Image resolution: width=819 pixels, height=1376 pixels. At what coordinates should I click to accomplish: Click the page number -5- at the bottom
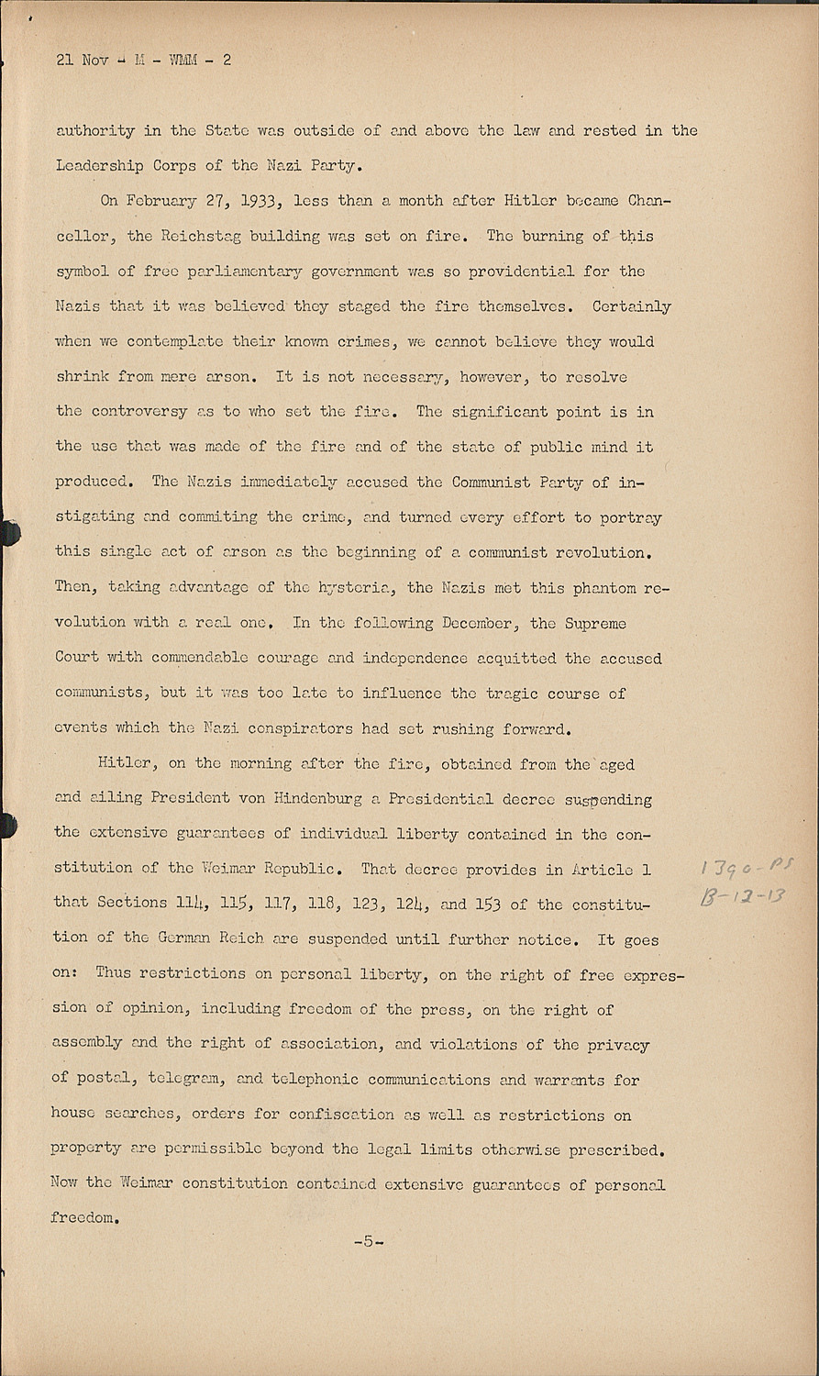click(368, 1242)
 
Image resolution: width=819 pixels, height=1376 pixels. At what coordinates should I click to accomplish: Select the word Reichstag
click(201, 236)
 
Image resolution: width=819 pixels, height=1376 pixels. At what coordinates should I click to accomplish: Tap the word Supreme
click(593, 623)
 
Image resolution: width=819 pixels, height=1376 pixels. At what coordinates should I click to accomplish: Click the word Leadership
click(95, 166)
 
